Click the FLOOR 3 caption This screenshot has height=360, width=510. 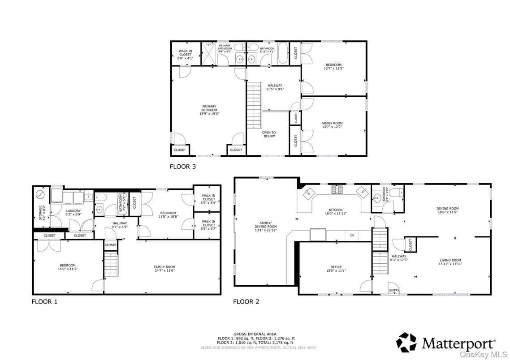[182, 167]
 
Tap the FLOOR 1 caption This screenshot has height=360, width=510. [44, 301]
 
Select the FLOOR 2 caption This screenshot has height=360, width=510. [246, 301]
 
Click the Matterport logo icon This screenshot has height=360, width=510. [406, 343]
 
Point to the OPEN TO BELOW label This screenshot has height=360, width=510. [269, 134]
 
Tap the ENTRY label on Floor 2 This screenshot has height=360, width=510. [394, 291]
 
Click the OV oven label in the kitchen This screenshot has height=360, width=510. [352, 235]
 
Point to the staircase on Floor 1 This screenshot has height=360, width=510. [111, 264]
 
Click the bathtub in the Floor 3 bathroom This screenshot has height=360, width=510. [283, 54]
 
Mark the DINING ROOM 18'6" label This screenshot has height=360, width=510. [448, 210]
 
